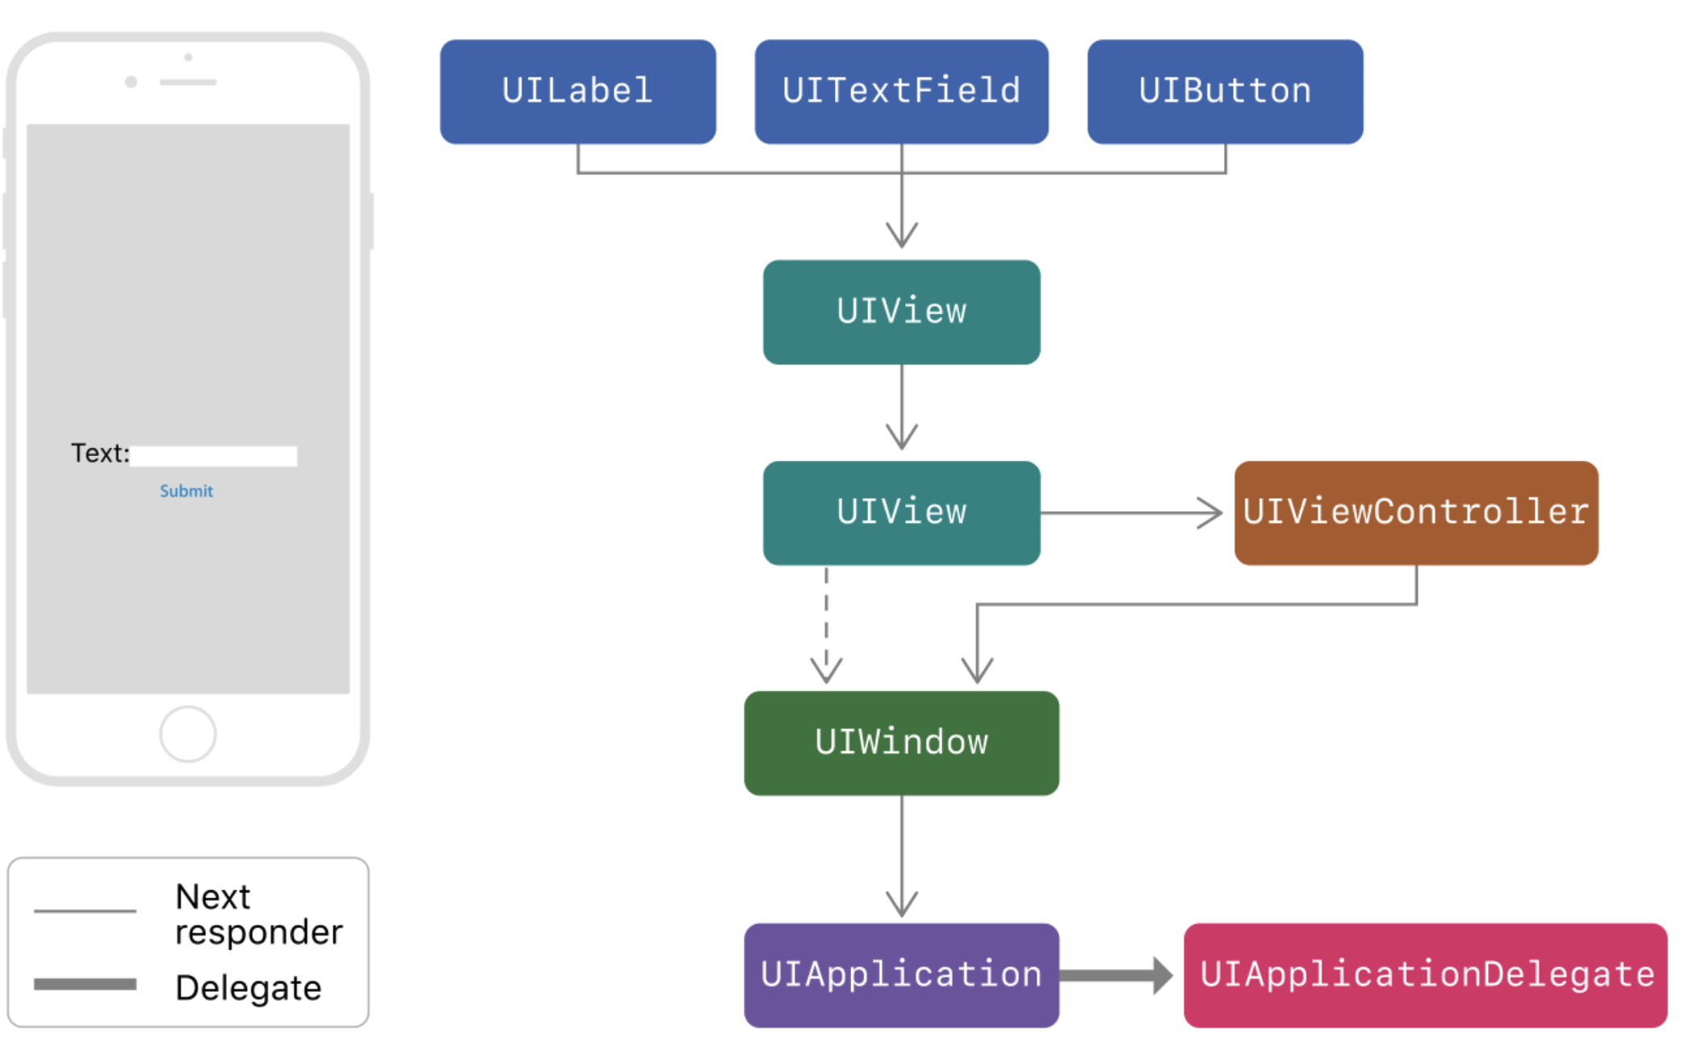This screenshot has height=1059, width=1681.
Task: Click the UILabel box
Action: pyautogui.click(x=577, y=91)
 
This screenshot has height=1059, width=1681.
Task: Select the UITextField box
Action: pyautogui.click(x=901, y=91)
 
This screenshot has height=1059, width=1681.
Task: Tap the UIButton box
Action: pyautogui.click(x=1225, y=91)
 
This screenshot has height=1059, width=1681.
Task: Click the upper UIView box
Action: pyautogui.click(x=901, y=312)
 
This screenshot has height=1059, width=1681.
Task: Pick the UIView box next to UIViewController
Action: pyautogui.click(x=901, y=513)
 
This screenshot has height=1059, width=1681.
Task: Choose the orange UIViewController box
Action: pyautogui.click(x=1415, y=513)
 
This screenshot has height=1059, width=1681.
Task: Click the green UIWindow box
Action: pyautogui.click(x=901, y=743)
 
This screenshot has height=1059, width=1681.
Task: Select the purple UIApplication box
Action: pyautogui.click(x=901, y=975)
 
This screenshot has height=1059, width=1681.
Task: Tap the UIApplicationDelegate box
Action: pyautogui.click(x=1425, y=975)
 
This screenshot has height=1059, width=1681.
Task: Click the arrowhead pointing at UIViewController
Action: pyautogui.click(x=1211, y=513)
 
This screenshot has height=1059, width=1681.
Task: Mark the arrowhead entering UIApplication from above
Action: pyautogui.click(x=901, y=904)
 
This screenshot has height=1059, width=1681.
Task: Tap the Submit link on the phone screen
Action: pyautogui.click(x=187, y=491)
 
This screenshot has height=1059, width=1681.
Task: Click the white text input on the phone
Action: pyautogui.click(x=214, y=456)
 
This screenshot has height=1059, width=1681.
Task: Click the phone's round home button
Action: pyautogui.click(x=187, y=734)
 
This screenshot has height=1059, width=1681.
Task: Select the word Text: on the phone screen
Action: pyautogui.click(x=100, y=454)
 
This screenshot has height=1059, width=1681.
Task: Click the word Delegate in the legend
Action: pyautogui.click(x=249, y=988)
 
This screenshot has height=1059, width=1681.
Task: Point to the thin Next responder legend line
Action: pyautogui.click(x=85, y=910)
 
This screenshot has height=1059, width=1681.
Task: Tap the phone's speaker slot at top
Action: pyautogui.click(x=188, y=82)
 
